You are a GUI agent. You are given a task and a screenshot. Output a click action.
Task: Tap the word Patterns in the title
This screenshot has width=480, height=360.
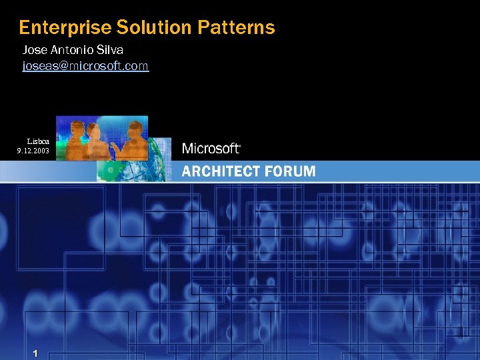pos(236,28)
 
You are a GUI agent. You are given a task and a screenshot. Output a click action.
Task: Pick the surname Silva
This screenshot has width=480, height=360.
pos(111,50)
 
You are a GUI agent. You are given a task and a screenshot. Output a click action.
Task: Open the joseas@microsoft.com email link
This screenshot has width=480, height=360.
pos(85,66)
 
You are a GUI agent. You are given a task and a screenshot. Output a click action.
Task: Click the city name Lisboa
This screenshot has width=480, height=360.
pos(37,141)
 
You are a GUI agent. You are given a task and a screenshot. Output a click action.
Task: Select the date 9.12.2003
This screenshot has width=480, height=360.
pos(33,151)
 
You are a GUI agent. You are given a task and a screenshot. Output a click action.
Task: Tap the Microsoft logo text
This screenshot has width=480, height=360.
pos(210,149)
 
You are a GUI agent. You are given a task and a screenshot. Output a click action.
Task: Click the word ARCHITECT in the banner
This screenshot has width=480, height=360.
pos(221,171)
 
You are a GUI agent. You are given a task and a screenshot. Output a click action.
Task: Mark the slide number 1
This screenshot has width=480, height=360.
pos(35,353)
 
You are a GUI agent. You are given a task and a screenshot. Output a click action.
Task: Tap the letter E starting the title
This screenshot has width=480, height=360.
pos(24,28)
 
